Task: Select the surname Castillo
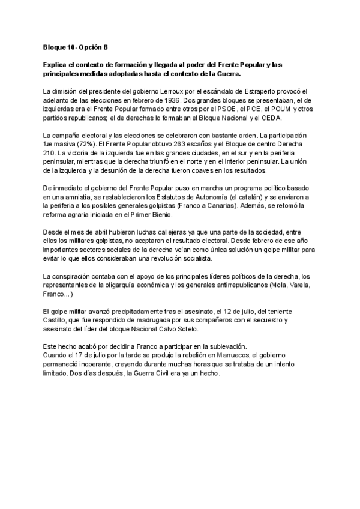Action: [58, 321]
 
